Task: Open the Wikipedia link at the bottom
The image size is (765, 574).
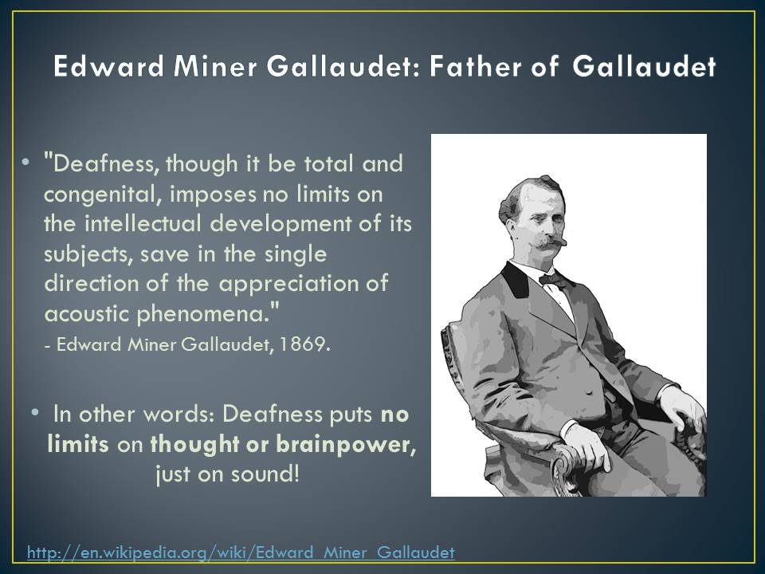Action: [241, 552]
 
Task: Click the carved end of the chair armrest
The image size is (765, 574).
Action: [563, 462]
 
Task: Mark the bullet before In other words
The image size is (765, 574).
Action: [37, 413]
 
